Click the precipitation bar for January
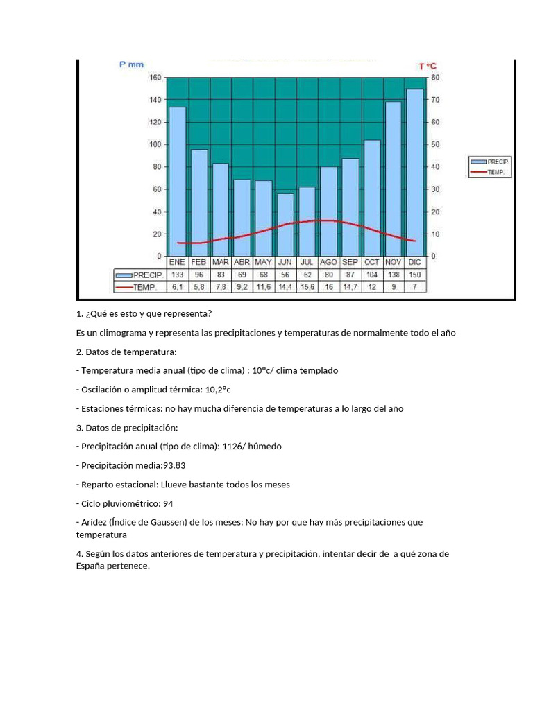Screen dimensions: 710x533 [178, 181]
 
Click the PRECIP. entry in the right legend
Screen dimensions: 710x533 [490, 161]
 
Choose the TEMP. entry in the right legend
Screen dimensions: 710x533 [490, 171]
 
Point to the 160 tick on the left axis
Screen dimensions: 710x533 [154, 77]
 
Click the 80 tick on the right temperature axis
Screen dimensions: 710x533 [434, 77]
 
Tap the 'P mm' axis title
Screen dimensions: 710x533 [132, 64]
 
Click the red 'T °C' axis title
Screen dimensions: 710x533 [428, 66]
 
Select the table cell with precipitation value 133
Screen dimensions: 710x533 [178, 275]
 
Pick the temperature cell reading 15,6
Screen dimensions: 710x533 [307, 286]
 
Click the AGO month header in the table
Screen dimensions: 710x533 [328, 263]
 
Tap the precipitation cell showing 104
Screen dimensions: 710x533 [372, 275]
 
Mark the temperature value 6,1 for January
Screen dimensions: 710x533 [178, 286]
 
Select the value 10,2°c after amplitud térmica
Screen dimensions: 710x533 [212, 390]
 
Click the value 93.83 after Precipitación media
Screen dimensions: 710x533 [174, 465]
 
